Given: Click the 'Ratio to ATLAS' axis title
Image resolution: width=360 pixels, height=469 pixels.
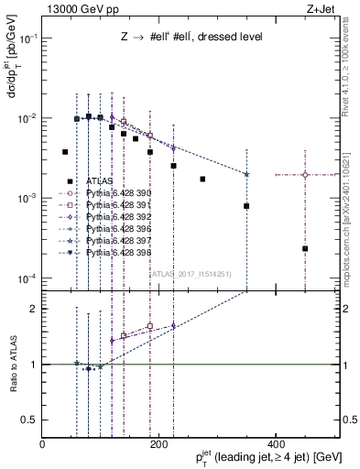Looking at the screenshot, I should coord(13,365).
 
